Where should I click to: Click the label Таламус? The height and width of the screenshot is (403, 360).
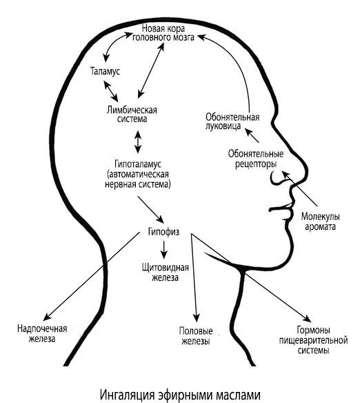(x=105, y=71)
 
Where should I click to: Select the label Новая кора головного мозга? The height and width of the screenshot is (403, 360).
(x=163, y=33)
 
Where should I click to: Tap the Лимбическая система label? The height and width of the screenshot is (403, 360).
(x=132, y=115)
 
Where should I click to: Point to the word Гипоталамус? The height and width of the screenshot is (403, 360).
(x=138, y=164)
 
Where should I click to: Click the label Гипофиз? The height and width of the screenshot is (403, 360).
(x=163, y=232)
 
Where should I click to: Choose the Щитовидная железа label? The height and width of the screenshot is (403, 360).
(x=165, y=273)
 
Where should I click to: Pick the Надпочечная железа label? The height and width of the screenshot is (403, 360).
(x=42, y=333)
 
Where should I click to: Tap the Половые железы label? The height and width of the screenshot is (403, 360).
(x=196, y=335)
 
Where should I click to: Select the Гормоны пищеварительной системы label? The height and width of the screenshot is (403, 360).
(x=313, y=340)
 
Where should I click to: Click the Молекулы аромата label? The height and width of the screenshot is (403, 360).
(x=320, y=222)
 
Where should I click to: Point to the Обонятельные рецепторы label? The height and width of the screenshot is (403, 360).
(x=256, y=159)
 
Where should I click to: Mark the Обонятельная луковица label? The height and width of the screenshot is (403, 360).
(x=232, y=121)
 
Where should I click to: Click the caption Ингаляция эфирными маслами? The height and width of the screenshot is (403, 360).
(x=180, y=395)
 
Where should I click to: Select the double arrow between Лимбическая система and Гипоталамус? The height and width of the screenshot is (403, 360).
(x=138, y=142)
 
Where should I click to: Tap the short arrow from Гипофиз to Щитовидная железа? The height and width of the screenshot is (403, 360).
(x=164, y=250)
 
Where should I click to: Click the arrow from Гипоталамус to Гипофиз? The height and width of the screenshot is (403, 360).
(x=151, y=210)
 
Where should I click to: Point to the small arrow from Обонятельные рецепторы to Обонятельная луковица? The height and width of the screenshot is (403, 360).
(x=252, y=135)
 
